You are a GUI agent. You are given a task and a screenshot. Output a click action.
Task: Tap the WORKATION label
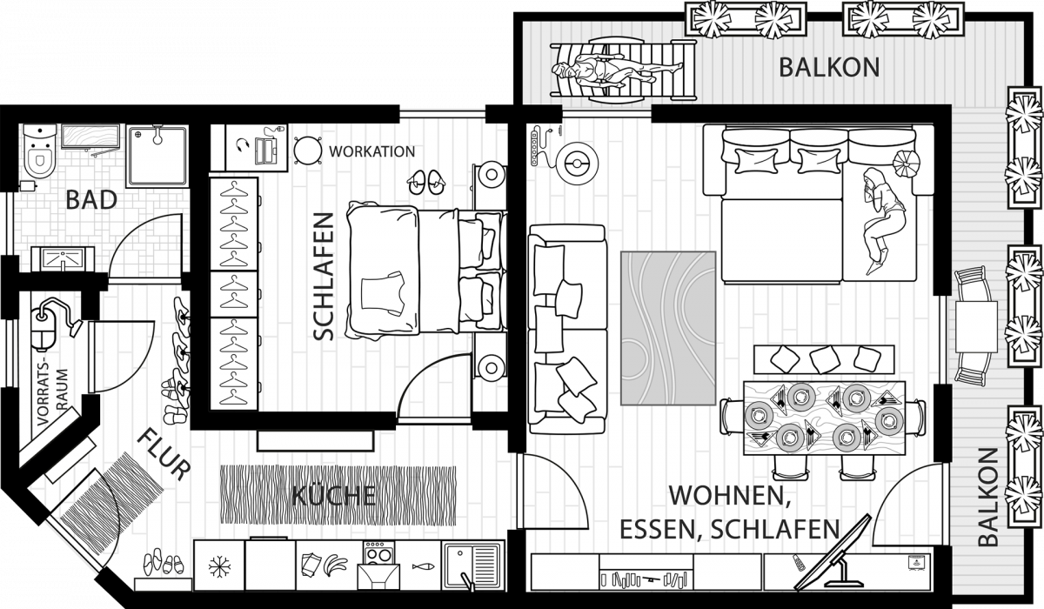click(x=371, y=151)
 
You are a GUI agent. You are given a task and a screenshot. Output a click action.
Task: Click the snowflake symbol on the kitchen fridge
click(x=218, y=566)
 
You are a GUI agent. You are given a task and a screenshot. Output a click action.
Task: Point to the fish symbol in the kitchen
click(x=423, y=566)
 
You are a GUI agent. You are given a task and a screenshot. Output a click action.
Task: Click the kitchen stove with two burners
click(x=379, y=552)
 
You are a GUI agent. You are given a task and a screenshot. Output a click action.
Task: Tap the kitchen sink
click(x=473, y=566)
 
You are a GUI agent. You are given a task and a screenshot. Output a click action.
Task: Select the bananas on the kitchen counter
click(x=336, y=565)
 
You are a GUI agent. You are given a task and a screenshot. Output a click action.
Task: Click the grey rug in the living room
click(x=668, y=328)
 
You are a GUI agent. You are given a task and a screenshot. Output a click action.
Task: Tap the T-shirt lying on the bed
click(x=383, y=294)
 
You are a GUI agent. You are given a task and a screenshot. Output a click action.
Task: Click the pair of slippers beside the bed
click(x=425, y=182)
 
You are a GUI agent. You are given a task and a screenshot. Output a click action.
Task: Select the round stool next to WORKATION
click(x=308, y=151)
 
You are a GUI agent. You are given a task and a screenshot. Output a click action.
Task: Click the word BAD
click(x=91, y=200)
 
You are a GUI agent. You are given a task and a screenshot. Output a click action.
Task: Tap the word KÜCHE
click(x=334, y=495)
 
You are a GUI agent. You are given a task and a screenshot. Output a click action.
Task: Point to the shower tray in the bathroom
click(x=157, y=156)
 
